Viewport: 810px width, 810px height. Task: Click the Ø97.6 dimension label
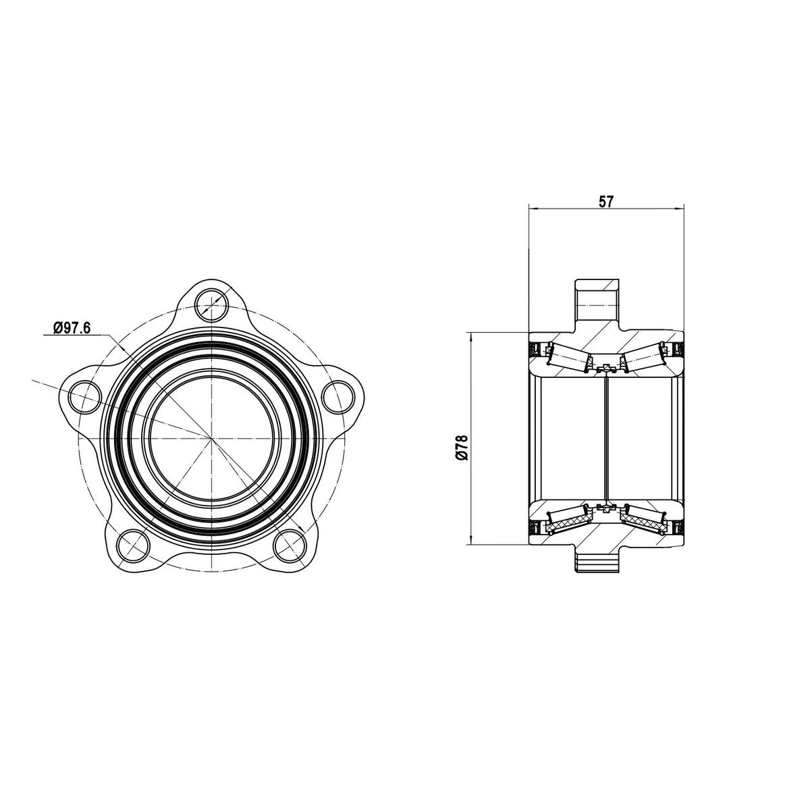tap(72, 327)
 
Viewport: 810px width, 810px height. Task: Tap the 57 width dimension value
tap(605, 202)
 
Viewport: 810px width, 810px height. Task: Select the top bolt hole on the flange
tap(213, 304)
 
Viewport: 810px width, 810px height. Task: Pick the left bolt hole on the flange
tap(85, 396)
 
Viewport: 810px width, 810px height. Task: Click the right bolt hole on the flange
tap(338, 396)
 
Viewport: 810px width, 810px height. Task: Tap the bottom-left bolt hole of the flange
tap(133, 546)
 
